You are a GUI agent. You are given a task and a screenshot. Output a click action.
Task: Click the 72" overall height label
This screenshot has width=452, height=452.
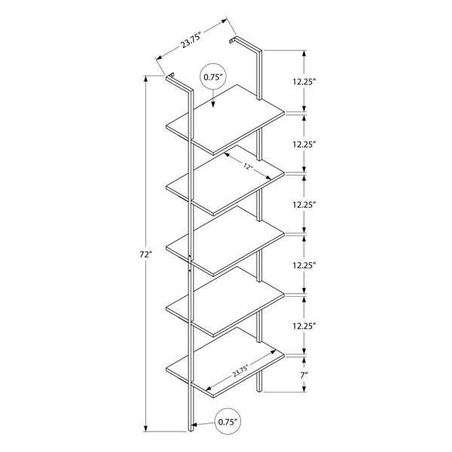pos(145,255)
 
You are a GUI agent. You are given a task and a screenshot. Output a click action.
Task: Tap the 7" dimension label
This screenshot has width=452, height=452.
pos(304,375)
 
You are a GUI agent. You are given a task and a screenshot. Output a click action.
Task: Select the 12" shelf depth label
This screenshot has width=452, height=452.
pos(248,166)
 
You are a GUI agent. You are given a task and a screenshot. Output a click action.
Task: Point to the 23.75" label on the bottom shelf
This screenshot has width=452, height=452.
pos(240,371)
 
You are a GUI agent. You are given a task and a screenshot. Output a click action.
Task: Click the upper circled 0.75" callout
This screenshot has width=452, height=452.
pos(213,77)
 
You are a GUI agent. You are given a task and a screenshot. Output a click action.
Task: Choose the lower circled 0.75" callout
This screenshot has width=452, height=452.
pos(228,422)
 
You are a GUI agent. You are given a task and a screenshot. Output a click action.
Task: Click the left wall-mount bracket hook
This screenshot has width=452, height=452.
pos(170,75)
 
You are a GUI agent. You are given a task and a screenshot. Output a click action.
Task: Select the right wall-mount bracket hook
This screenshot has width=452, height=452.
pos(233,40)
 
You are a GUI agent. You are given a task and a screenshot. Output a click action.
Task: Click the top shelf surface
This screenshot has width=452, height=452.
pos(225,119)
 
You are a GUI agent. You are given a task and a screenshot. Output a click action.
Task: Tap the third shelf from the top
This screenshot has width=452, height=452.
pos(225,240)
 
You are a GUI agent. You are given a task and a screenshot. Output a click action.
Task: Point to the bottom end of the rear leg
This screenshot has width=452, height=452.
pos(259,389)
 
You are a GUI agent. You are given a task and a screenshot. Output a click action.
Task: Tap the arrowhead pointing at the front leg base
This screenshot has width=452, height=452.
pos(194,425)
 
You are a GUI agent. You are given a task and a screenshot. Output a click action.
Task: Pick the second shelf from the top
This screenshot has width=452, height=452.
pos(225,179)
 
